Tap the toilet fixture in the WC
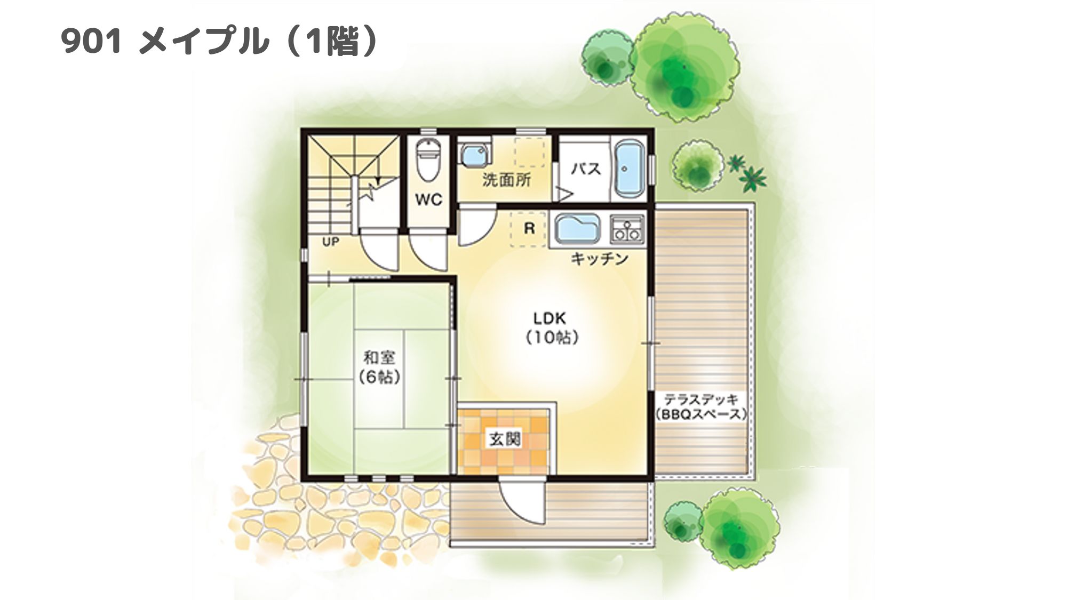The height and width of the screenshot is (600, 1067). coord(427,159)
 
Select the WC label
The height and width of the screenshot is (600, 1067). coord(429,200)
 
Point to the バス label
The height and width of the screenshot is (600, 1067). coord(586,169)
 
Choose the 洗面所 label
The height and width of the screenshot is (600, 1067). coord(506,180)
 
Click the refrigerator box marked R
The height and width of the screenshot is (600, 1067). coord(529,229)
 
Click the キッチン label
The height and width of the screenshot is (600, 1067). coord(599,259)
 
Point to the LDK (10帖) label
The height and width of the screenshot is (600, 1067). coord(550,327)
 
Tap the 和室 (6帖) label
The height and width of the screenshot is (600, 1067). coord(379,366)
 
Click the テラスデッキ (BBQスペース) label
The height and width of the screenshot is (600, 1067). coord(700,406)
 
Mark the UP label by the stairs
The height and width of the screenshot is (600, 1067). coord(330,242)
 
